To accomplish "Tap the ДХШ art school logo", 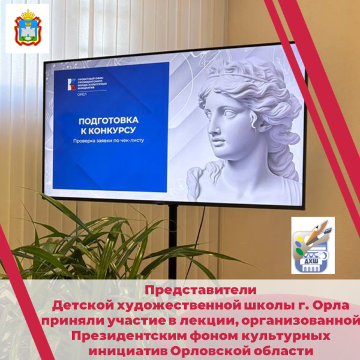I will pos(313,246).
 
